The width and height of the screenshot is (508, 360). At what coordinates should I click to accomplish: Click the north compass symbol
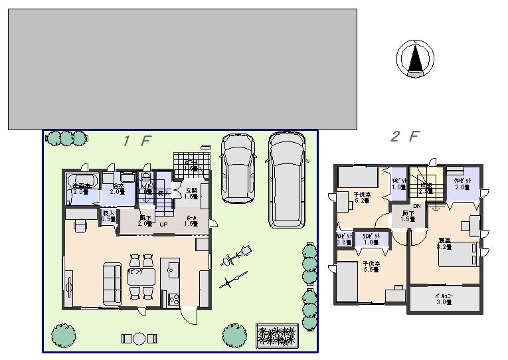(x=415, y=58)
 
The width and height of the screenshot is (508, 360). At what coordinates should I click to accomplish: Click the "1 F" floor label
(x=137, y=141)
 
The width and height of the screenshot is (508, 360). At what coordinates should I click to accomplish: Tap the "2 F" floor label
(x=404, y=137)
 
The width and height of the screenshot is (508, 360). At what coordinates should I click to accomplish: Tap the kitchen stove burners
(x=174, y=299)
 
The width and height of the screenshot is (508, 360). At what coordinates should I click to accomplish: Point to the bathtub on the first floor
(x=82, y=183)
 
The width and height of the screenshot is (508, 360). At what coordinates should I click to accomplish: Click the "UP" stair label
(x=163, y=224)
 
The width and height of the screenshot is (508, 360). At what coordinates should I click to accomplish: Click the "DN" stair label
(x=417, y=206)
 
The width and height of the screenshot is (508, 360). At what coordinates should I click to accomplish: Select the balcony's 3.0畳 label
(x=444, y=300)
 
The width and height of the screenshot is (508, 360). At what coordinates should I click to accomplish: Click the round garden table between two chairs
(x=138, y=338)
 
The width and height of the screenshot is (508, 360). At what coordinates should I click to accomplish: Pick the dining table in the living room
(x=141, y=276)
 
